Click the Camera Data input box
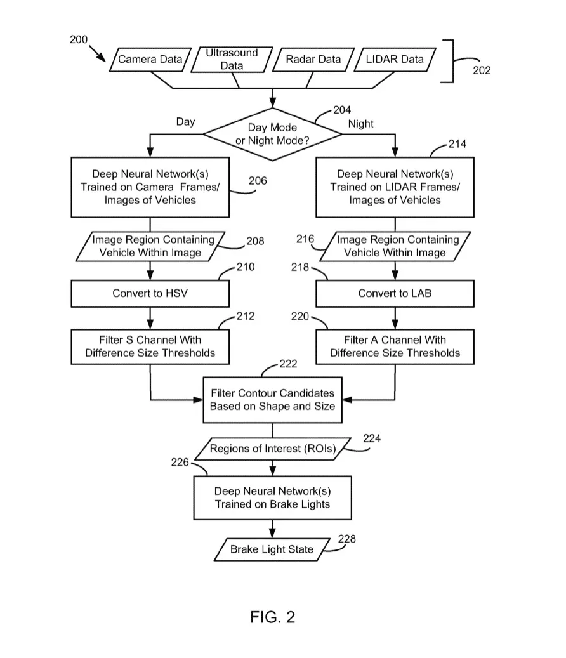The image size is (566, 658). [150, 59]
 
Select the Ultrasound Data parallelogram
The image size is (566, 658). [232, 59]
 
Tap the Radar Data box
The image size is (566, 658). [313, 59]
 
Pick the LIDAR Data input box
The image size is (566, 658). [395, 59]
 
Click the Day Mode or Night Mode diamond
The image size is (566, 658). [272, 134]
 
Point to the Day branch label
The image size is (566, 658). [185, 122]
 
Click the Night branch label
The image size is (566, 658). [360, 124]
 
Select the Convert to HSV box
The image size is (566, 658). [150, 293]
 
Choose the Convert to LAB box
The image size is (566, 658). [395, 293]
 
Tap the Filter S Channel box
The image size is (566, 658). [150, 346]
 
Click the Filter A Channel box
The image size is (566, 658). [395, 346]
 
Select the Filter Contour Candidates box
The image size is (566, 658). [272, 400]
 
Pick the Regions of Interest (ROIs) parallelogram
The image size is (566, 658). [273, 449]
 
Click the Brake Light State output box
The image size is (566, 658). [272, 549]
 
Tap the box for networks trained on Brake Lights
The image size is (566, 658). [272, 497]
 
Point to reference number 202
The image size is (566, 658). [482, 70]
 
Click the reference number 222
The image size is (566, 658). [288, 364]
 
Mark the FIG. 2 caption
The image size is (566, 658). [272, 617]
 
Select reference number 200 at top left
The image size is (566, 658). [79, 39]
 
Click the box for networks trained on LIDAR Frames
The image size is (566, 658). [395, 187]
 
